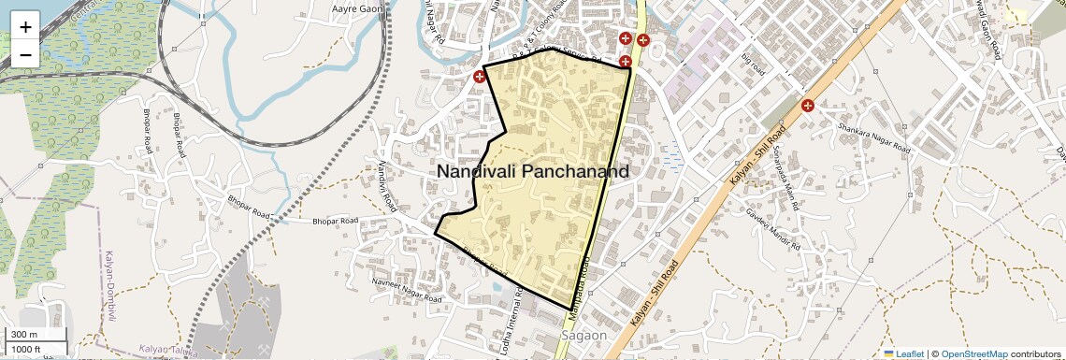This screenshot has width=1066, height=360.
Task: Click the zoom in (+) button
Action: pyautogui.click(x=25, y=27)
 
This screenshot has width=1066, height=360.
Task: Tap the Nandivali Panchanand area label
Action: pyautogui.click(x=532, y=172)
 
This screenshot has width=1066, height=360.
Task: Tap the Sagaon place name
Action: pyautogui.click(x=583, y=335)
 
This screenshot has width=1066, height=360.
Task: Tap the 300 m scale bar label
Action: pyautogui.click(x=25, y=335)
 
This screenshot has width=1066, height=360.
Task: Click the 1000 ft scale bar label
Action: pyautogui.click(x=27, y=349)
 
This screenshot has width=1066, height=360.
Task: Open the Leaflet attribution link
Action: pyautogui.click(x=903, y=353)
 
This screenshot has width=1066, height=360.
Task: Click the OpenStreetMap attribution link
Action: pyautogui.click(x=973, y=353)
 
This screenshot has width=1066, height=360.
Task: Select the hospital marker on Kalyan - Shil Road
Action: pyautogui.click(x=807, y=105)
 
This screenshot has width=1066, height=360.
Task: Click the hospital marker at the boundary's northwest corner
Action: pyautogui.click(x=480, y=76)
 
